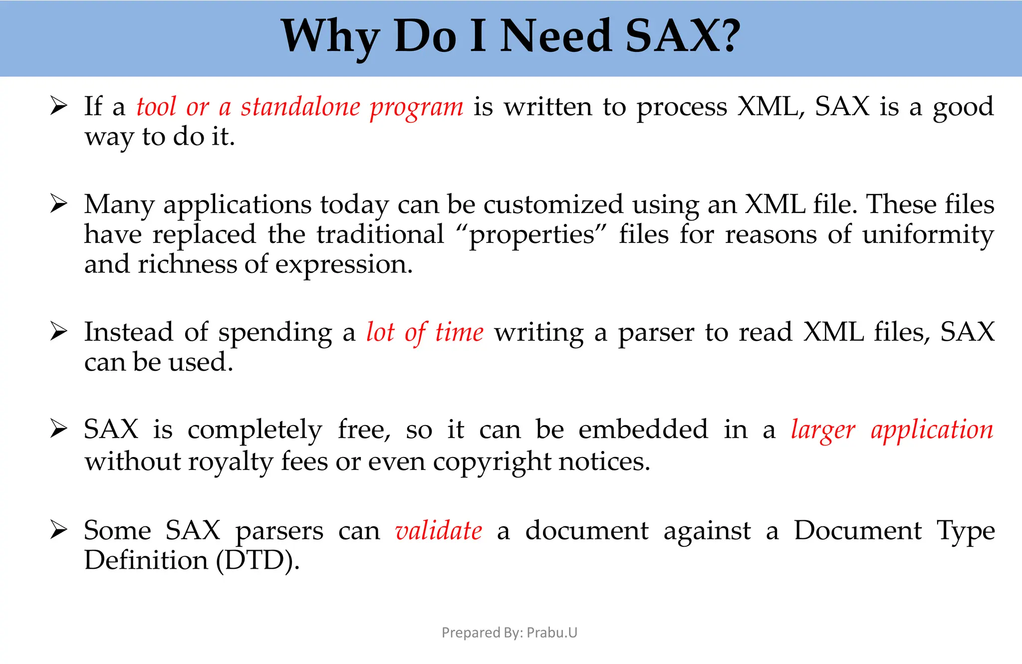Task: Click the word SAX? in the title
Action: (682, 36)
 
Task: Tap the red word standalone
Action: (300, 107)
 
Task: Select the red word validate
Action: (438, 530)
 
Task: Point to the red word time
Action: (459, 332)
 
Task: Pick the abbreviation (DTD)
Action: (257, 560)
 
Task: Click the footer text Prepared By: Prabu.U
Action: (509, 633)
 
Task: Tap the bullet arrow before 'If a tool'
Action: (58, 106)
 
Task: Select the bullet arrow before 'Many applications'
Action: (58, 204)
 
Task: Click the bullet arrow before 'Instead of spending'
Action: (58, 332)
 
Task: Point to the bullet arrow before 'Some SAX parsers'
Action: (58, 530)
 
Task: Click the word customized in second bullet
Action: (553, 205)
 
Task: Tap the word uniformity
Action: (928, 235)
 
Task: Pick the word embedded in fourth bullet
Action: (643, 430)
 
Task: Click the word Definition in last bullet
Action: (146, 560)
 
